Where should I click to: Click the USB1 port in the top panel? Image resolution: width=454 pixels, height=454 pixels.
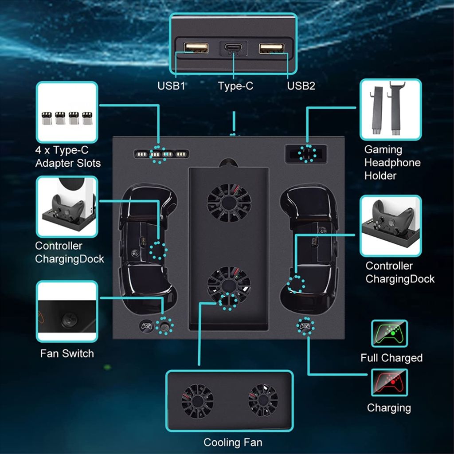point(196,47)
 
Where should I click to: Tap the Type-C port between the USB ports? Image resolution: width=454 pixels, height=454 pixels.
point(234,48)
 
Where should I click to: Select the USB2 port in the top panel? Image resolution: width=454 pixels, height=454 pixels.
point(271,47)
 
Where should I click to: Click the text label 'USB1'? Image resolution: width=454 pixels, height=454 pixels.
point(171,86)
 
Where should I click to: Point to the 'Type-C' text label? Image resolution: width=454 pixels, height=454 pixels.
point(235,86)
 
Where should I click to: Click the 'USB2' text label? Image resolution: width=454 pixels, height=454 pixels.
point(301,86)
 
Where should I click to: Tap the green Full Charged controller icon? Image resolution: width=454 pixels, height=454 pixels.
point(389,333)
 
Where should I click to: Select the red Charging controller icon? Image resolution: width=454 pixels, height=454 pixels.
point(389,382)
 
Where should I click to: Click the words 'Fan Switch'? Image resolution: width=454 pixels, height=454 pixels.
point(67,353)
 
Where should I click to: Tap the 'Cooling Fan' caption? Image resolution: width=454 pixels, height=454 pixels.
point(233,442)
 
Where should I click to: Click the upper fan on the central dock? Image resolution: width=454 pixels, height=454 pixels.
point(229,203)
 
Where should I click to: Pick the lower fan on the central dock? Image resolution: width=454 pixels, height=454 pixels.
point(229,285)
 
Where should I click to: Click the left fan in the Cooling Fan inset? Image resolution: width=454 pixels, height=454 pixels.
point(197,400)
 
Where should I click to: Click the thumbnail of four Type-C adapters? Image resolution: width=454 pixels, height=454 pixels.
point(67,113)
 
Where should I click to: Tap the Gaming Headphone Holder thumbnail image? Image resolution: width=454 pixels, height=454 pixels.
point(390,110)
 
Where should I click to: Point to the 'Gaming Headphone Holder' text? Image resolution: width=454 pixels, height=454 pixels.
point(392,163)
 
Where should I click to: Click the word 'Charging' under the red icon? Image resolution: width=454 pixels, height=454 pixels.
point(389,407)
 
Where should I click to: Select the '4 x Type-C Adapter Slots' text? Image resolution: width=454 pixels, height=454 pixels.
point(68,157)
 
